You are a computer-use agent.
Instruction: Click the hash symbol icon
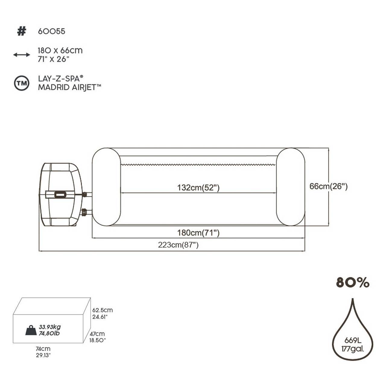pyautogui.click(x=21, y=31)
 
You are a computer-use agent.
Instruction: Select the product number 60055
pyautogui.click(x=51, y=31)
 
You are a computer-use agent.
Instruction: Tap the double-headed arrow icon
pyautogui.click(x=21, y=55)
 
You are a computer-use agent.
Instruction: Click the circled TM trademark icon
pyautogui.click(x=22, y=83)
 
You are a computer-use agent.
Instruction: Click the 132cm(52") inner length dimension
pyautogui.click(x=198, y=188)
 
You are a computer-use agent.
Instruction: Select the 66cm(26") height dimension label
pyautogui.click(x=328, y=186)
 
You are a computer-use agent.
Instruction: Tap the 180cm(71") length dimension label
pyautogui.click(x=198, y=233)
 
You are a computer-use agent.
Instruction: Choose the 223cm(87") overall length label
pyautogui.click(x=178, y=245)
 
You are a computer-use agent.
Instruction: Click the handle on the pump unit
pyautogui.click(x=60, y=195)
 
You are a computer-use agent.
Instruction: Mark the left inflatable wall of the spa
pyautogui.click(x=106, y=187)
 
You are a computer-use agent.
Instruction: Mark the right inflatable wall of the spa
pyautogui.click(x=290, y=187)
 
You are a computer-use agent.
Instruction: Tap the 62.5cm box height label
pyautogui.click(x=102, y=310)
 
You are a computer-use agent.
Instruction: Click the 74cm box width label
pyautogui.click(x=43, y=349)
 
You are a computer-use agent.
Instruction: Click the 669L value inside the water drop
pyautogui.click(x=353, y=341)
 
